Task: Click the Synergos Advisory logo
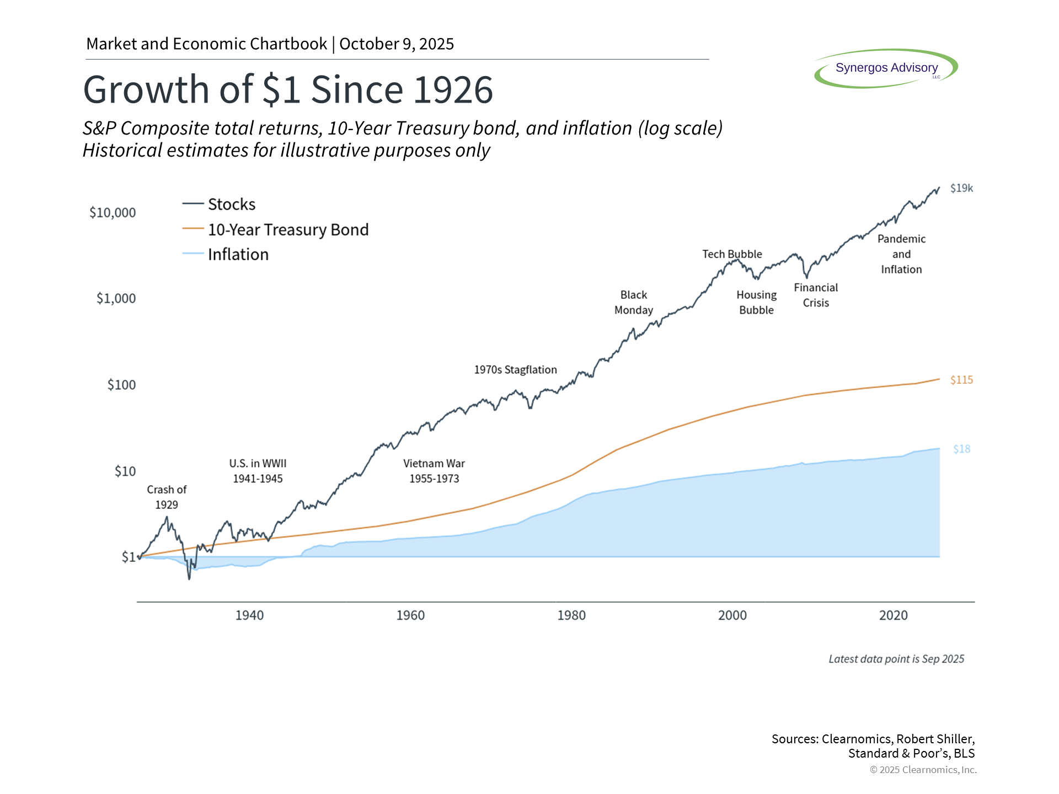point(886,68)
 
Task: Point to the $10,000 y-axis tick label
point(113,213)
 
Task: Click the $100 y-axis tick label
point(121,385)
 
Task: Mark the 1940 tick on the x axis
point(249,615)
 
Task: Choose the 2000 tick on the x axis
point(732,615)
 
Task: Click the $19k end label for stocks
point(961,189)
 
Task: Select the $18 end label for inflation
point(961,449)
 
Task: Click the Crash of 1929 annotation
point(167,497)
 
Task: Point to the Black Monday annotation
point(634,303)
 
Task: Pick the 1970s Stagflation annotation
point(515,370)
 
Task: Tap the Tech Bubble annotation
point(732,254)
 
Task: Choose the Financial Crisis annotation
point(816,295)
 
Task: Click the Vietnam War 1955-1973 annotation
point(434,471)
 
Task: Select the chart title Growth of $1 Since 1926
point(288,89)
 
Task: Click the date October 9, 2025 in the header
point(397,44)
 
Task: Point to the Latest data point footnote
point(896,659)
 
